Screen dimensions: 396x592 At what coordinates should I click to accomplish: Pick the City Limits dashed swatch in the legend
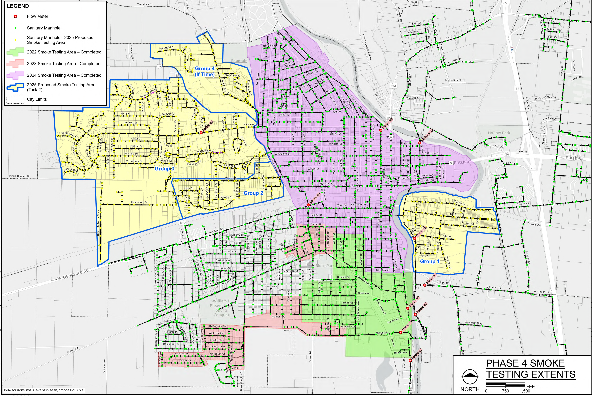coord(15,99)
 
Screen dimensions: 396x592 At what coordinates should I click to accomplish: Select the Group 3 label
coord(164,169)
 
